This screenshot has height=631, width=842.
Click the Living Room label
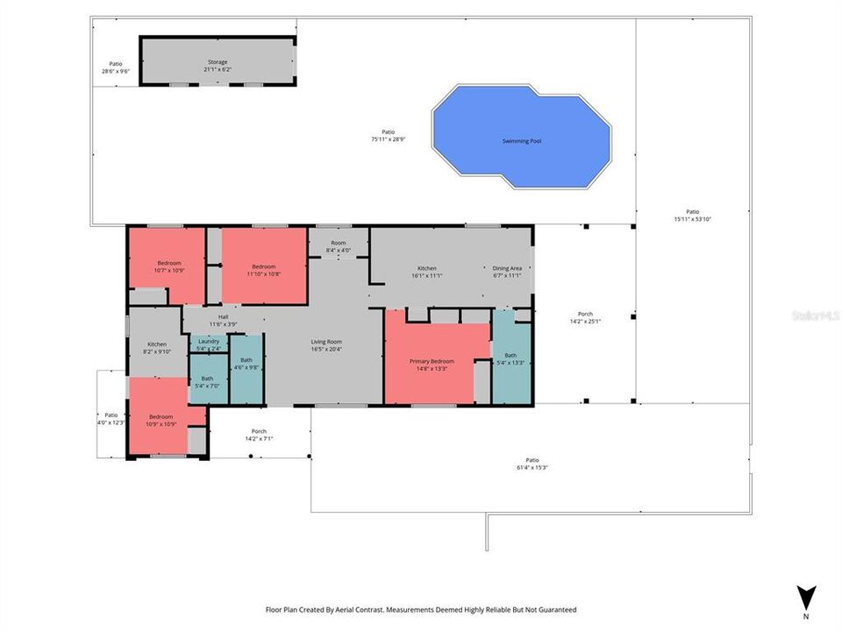[x=326, y=345]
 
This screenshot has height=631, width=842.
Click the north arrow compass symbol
[x=807, y=597]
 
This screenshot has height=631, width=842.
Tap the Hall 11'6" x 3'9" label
[x=223, y=321]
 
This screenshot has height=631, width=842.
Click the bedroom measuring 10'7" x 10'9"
[x=169, y=266]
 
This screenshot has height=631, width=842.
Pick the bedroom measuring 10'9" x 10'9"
[x=161, y=420]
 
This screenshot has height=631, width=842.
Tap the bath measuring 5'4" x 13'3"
[x=510, y=358]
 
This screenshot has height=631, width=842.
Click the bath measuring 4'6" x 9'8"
[x=246, y=364]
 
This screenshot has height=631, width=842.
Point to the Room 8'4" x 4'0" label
[x=339, y=246]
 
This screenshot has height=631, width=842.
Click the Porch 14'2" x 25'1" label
[x=585, y=317]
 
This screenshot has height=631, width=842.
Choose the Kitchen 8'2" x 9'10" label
[x=157, y=348]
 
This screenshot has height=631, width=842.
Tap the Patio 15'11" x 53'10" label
[x=692, y=215]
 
